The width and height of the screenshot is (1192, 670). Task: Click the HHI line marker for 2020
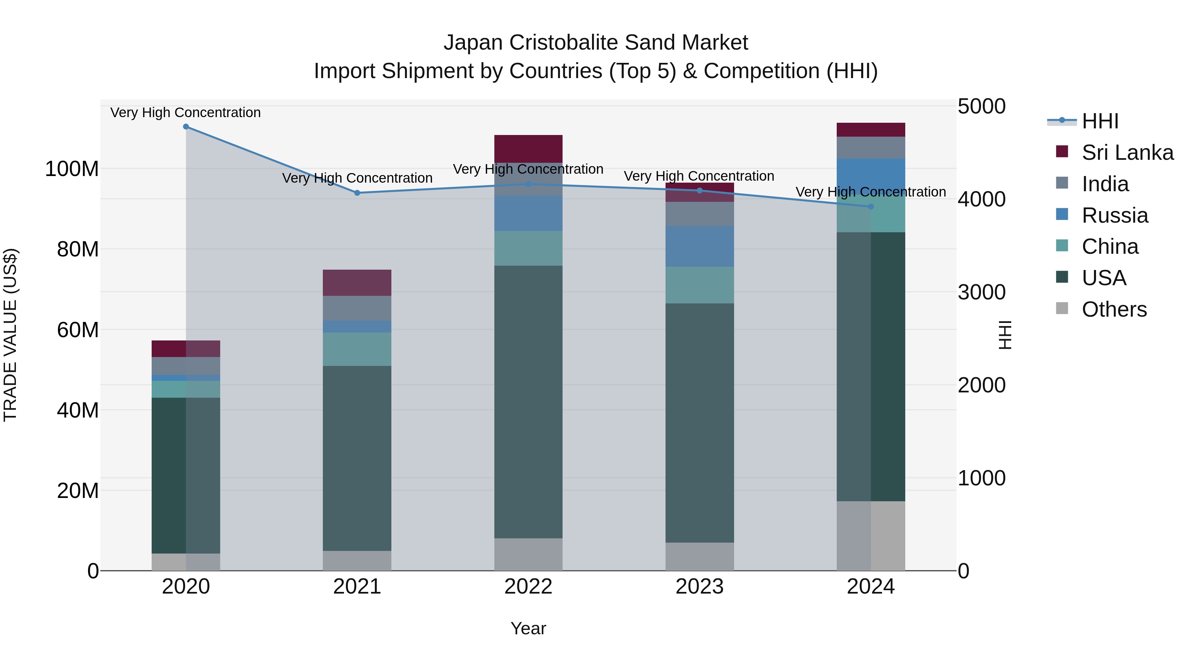(x=186, y=127)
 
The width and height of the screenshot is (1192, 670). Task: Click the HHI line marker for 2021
(x=357, y=193)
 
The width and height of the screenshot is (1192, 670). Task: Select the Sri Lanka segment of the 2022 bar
(x=528, y=149)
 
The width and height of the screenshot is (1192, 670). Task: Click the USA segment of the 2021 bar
(x=357, y=458)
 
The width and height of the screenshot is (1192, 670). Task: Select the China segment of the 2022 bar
(x=528, y=248)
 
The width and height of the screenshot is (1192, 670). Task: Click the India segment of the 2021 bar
(x=357, y=308)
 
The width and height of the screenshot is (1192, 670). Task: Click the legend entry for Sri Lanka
(x=1127, y=153)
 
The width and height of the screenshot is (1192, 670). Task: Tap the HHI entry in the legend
(x=1100, y=121)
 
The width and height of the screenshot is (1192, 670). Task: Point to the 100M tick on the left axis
(x=72, y=169)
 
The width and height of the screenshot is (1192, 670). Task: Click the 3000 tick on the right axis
(x=981, y=292)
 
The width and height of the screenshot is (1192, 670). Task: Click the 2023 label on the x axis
(x=700, y=587)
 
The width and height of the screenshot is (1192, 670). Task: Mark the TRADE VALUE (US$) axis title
(x=10, y=335)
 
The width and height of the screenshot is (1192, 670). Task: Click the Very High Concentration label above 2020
(x=185, y=112)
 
